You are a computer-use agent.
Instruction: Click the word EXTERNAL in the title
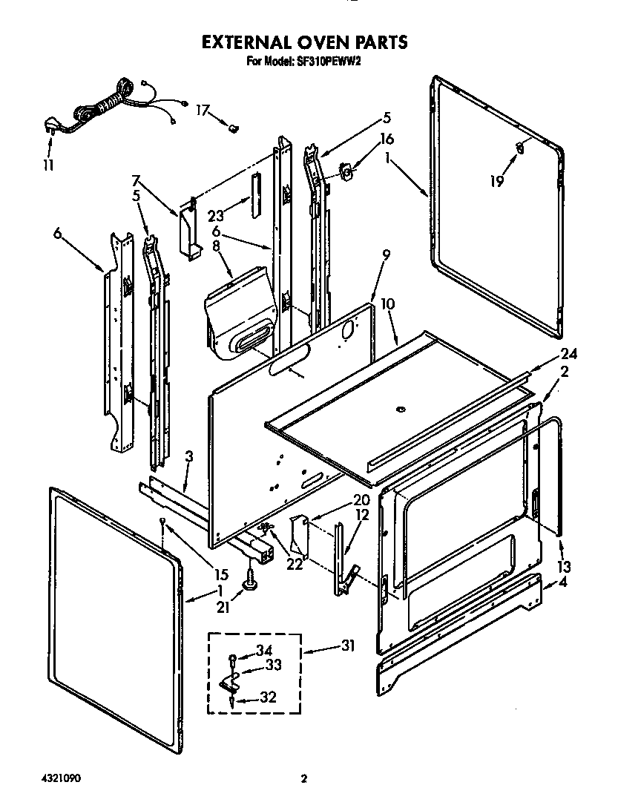pyautogui.click(x=249, y=42)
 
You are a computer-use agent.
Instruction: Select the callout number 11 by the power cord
pyautogui.click(x=47, y=165)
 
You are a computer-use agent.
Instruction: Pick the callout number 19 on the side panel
pyautogui.click(x=496, y=180)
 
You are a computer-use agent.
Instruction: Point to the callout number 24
pyautogui.click(x=568, y=354)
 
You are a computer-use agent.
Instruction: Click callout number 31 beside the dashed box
pyautogui.click(x=346, y=646)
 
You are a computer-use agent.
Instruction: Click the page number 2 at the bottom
pyautogui.click(x=303, y=779)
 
